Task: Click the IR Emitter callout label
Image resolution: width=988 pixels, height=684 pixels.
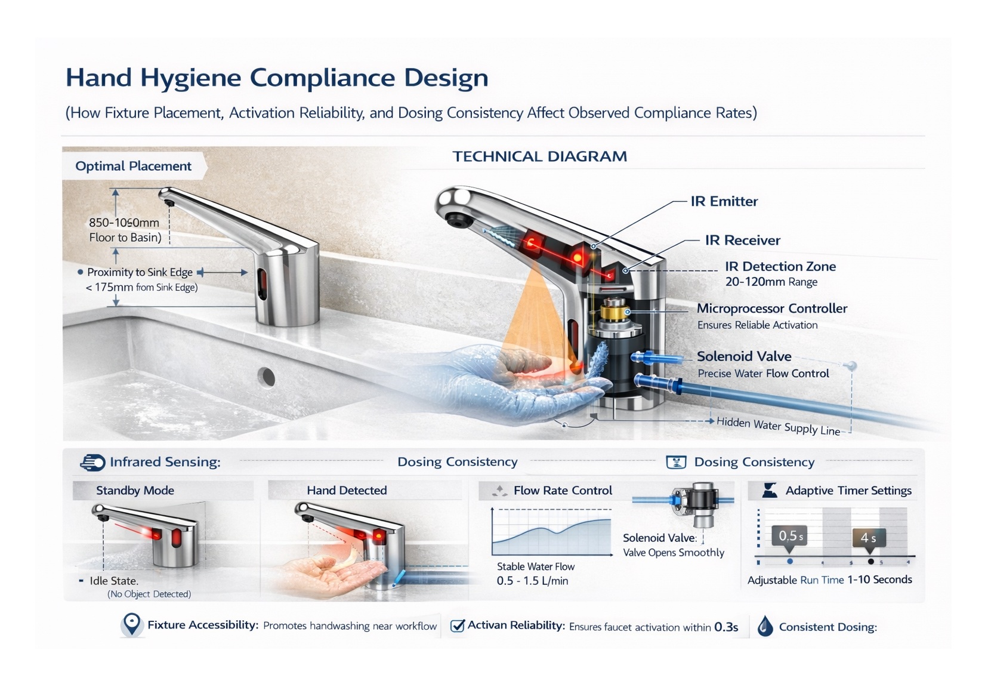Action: coord(724,202)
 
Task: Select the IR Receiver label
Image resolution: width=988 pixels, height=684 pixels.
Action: coord(742,241)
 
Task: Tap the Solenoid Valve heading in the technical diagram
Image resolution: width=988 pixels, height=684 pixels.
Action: coord(744,356)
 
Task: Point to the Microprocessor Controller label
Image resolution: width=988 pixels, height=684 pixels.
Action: coord(771,309)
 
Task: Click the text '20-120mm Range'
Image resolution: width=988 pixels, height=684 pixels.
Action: coord(771,282)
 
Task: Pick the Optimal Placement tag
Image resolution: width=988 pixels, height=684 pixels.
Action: coord(133,167)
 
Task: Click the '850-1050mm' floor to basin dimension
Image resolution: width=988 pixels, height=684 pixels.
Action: coord(124,223)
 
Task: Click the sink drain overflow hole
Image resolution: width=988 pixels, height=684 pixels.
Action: coord(266,377)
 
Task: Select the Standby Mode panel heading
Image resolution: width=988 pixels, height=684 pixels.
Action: coord(135,491)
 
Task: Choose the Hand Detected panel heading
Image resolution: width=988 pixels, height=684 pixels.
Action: coord(347,491)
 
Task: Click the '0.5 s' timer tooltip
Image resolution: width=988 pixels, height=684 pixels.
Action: coord(790,536)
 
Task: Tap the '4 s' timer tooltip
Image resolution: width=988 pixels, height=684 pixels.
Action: coord(868,538)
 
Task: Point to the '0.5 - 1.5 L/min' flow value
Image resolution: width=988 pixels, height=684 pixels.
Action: coord(532,581)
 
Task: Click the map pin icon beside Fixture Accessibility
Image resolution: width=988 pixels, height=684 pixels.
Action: coord(131,624)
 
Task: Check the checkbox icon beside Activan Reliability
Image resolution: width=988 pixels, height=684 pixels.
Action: coord(457,626)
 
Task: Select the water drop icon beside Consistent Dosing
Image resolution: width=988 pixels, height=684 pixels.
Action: coord(765,626)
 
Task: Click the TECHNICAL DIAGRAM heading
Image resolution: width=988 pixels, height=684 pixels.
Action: coord(539,157)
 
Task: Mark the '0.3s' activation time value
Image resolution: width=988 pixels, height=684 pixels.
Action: coord(726,627)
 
